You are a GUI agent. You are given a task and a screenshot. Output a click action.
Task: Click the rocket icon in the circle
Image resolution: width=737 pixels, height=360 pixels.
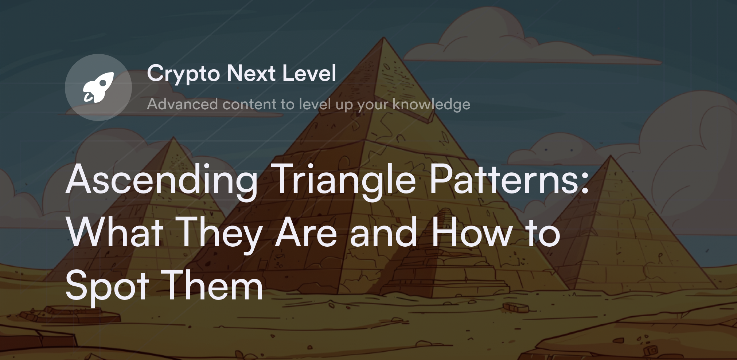point(98,87)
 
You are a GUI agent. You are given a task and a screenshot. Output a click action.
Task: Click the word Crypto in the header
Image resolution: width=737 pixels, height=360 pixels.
point(183,74)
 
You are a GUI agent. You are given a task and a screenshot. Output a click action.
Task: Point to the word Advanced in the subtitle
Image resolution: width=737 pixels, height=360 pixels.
point(182,104)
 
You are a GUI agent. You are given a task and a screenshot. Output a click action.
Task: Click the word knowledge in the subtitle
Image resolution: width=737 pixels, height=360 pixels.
point(431,104)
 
